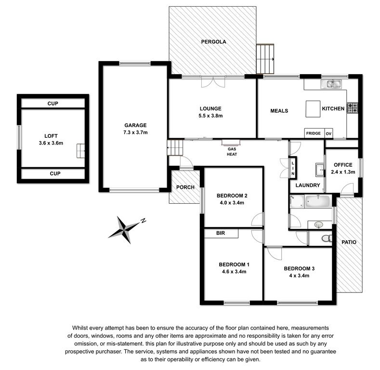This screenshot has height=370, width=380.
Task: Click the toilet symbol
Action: tap(327, 238)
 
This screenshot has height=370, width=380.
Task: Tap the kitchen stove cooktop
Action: tap(353, 108)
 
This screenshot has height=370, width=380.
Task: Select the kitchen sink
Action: tap(331, 84)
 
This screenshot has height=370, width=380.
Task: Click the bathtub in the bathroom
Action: tap(317, 201)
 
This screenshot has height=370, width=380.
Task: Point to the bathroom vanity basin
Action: tap(318, 225)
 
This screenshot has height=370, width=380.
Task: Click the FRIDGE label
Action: tap(314, 133)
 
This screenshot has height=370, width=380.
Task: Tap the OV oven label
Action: tap(328, 133)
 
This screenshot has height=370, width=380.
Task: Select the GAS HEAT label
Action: tap(232, 152)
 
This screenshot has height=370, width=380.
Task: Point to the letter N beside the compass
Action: tap(144, 221)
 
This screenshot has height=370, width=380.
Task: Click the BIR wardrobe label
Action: tap(221, 233)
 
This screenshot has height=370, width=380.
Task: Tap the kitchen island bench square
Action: tap(313, 109)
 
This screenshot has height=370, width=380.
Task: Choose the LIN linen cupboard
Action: tap(293, 168)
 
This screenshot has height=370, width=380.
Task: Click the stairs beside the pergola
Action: tap(265, 59)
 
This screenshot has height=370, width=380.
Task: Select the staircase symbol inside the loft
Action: tap(81, 151)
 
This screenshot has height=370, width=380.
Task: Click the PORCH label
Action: tap(185, 187)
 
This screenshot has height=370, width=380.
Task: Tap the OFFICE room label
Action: tap(343, 165)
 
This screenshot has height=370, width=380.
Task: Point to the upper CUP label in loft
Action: tap(53, 104)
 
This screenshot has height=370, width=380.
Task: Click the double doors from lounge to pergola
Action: tap(213, 82)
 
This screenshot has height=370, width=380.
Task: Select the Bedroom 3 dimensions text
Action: tap(299, 276)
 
